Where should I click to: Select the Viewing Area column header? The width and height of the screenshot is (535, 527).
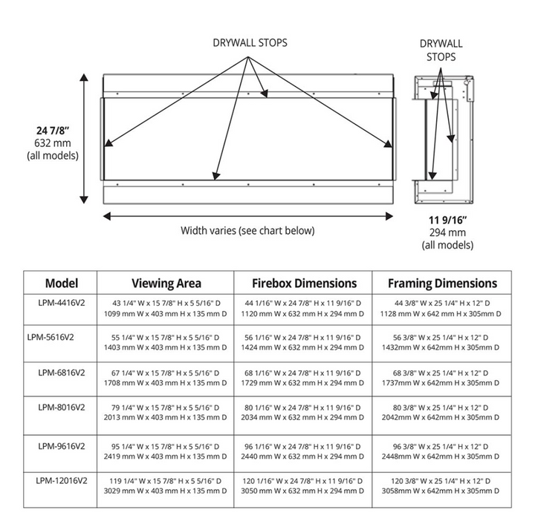coord(166,283)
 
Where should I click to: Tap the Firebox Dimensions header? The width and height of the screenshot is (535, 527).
coord(304,283)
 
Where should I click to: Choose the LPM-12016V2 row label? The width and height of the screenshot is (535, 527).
coord(59,479)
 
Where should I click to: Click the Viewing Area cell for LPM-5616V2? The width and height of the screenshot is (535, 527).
coord(166,342)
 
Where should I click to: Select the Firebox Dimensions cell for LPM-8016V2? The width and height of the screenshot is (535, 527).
coord(304,413)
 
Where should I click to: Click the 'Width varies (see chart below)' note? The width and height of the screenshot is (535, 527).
coord(247,230)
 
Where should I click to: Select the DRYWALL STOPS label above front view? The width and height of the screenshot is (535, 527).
coord(250,42)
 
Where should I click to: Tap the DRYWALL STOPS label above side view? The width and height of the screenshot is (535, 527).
coord(441,49)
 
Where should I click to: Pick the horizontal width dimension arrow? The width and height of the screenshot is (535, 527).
coord(247,215)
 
